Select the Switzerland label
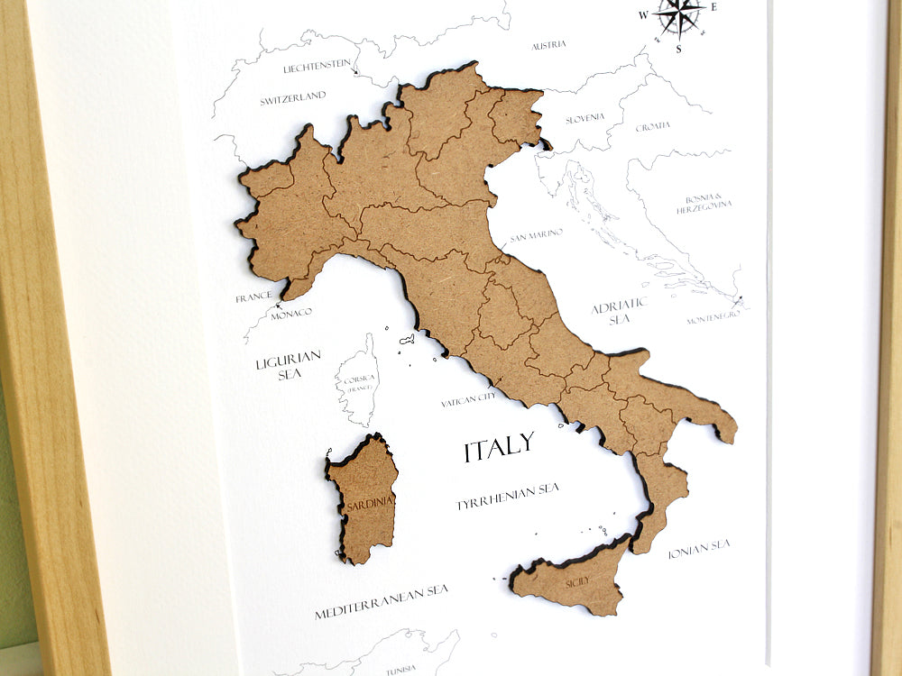point(293,98)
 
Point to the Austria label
point(548,45)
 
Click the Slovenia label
point(584,119)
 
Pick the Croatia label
point(652,127)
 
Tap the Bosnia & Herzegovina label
point(704,203)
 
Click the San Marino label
point(536,235)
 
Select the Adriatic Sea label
point(619,312)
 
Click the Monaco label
point(291,313)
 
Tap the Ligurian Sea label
point(288,364)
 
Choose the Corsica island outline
point(359,381)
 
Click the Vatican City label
point(468,397)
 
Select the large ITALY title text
point(499,447)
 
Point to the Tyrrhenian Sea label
point(507,495)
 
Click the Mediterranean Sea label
point(381,602)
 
